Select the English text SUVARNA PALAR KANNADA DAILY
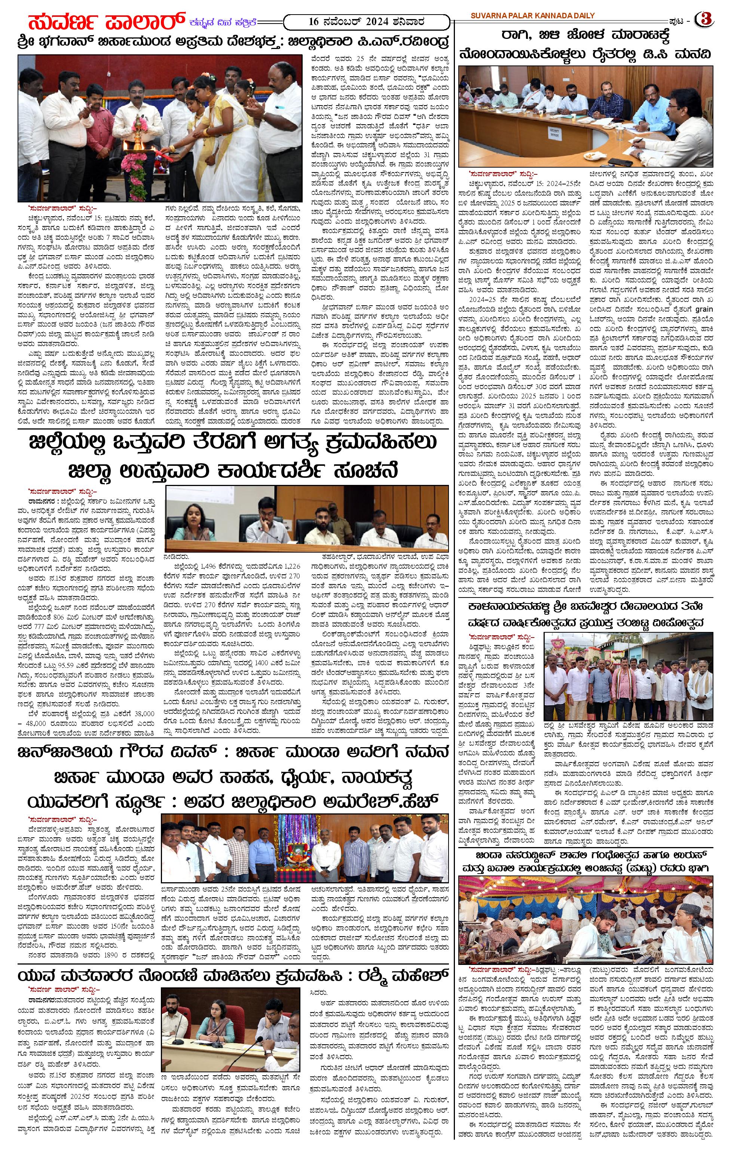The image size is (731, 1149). pos(532,16)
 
